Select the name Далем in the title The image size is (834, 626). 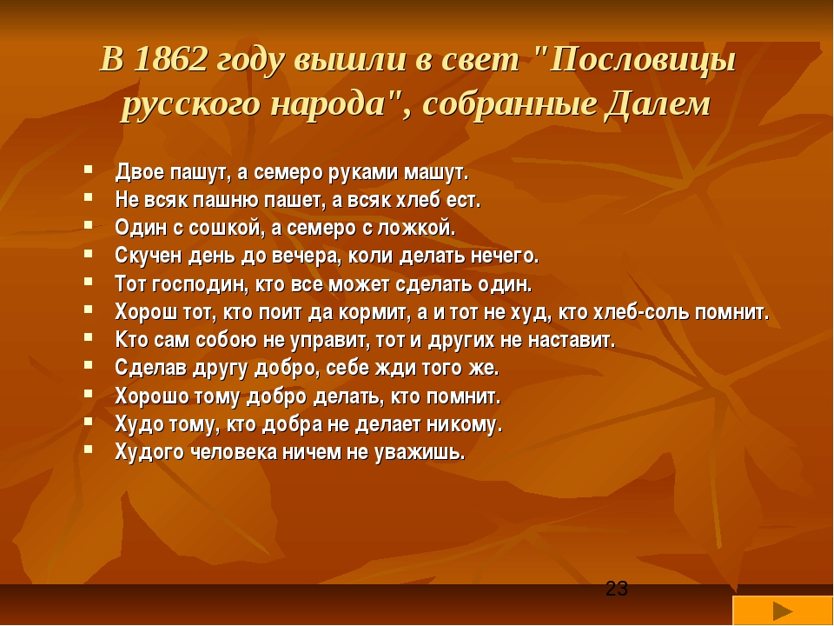click(x=658, y=103)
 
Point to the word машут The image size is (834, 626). click(x=435, y=173)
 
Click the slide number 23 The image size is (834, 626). click(x=617, y=589)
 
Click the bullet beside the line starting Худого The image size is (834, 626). click(x=89, y=450)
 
